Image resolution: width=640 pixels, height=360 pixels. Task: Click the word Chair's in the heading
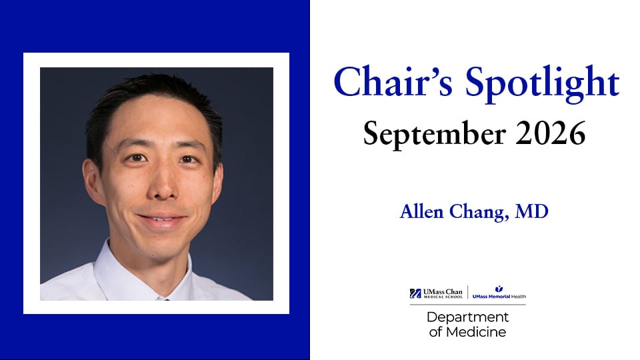click(393, 81)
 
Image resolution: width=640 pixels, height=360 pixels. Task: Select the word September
click(434, 134)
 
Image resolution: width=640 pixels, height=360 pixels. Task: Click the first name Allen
click(421, 211)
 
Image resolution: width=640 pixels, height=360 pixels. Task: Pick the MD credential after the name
click(532, 211)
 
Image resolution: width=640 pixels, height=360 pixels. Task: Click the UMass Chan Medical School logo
click(436, 293)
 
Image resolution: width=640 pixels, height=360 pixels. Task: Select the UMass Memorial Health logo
click(499, 293)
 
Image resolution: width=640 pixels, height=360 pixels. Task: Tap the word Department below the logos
click(468, 317)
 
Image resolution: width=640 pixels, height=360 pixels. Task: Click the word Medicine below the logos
click(476, 332)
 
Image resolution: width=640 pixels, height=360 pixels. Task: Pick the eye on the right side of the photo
click(188, 159)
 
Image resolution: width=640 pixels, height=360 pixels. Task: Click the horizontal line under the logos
click(468, 305)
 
